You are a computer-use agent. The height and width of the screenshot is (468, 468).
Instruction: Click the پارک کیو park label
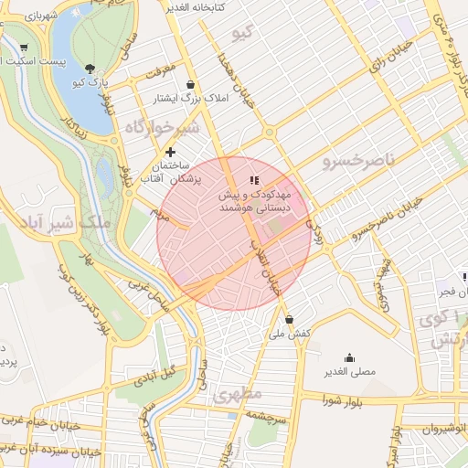pyautogui.click(x=90, y=82)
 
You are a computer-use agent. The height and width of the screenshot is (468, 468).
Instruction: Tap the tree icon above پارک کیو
pyautogui.click(x=89, y=68)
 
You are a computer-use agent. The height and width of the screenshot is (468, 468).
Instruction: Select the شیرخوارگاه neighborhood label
pyautogui.click(x=162, y=129)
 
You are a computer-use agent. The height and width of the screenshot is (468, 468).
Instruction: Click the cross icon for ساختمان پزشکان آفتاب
pyautogui.click(x=170, y=151)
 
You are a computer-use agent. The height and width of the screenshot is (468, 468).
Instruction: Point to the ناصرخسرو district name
pyautogui.click(x=359, y=161)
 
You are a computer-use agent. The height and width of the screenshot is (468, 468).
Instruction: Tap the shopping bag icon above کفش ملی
pyautogui.click(x=290, y=320)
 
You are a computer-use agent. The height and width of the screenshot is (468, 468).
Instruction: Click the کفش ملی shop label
pyautogui.click(x=291, y=334)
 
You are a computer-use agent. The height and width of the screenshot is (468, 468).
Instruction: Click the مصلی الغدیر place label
pyautogui.click(x=349, y=372)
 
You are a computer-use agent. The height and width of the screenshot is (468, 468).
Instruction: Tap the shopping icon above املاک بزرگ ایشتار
pyautogui.click(x=189, y=84)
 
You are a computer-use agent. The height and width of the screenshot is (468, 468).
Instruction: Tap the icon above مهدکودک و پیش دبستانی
pyautogui.click(x=254, y=181)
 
